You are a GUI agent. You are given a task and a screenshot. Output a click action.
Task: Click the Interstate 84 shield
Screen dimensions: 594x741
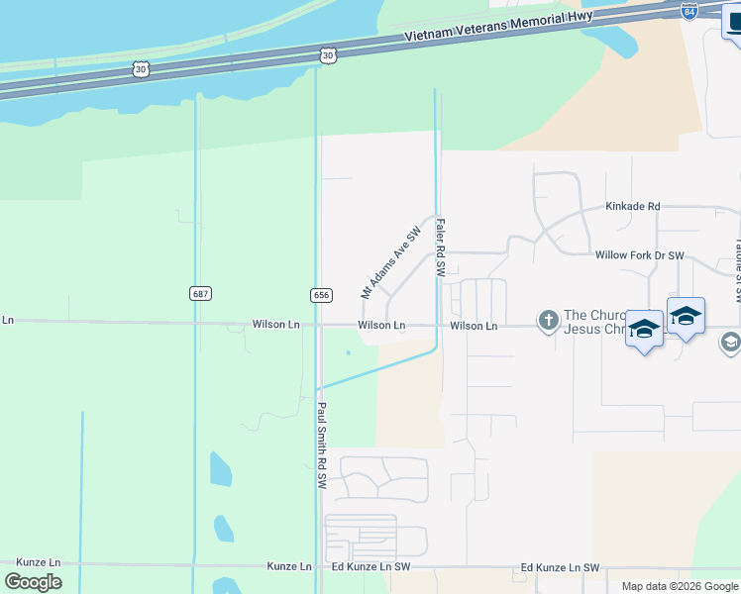(x=689, y=11)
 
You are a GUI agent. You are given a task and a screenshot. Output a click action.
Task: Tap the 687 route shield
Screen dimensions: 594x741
(x=200, y=294)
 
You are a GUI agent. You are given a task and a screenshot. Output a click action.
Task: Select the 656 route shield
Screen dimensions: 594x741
(x=320, y=295)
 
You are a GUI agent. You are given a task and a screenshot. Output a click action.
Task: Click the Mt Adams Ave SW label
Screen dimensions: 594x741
(x=390, y=261)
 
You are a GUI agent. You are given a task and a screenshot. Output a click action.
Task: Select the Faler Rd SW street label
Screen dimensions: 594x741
(x=441, y=248)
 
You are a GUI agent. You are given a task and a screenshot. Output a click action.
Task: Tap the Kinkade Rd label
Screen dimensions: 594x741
(x=632, y=207)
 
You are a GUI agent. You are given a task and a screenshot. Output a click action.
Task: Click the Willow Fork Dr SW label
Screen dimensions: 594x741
(x=639, y=255)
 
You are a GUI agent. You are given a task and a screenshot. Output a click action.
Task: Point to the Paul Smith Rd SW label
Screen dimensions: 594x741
(x=322, y=445)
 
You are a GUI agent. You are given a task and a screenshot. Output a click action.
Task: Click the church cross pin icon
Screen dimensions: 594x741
(x=548, y=320)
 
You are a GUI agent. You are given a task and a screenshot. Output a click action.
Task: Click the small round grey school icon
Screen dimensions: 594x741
(x=730, y=342)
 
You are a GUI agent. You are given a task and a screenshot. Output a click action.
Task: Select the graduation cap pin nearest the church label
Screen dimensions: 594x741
(x=644, y=330)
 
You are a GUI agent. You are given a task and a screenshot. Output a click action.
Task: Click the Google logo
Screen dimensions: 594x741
(x=33, y=582)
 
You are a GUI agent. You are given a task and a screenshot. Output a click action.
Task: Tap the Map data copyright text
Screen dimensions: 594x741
(x=680, y=586)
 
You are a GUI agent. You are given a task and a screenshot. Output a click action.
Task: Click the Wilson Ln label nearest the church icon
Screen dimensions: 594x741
(x=474, y=325)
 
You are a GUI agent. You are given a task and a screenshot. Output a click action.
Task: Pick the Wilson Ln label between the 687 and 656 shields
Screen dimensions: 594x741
(x=275, y=324)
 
